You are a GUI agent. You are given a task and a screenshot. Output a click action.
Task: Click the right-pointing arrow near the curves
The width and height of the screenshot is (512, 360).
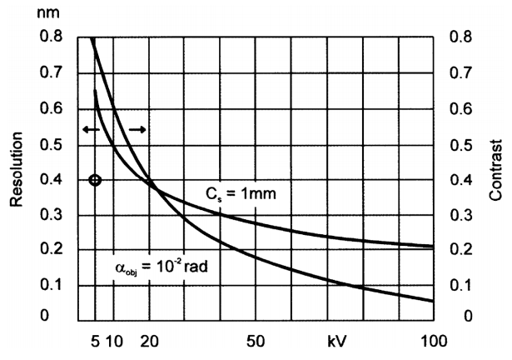pyautogui.click(x=138, y=130)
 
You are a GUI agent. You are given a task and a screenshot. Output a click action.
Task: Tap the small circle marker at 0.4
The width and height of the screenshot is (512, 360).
pyautogui.click(x=95, y=180)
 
